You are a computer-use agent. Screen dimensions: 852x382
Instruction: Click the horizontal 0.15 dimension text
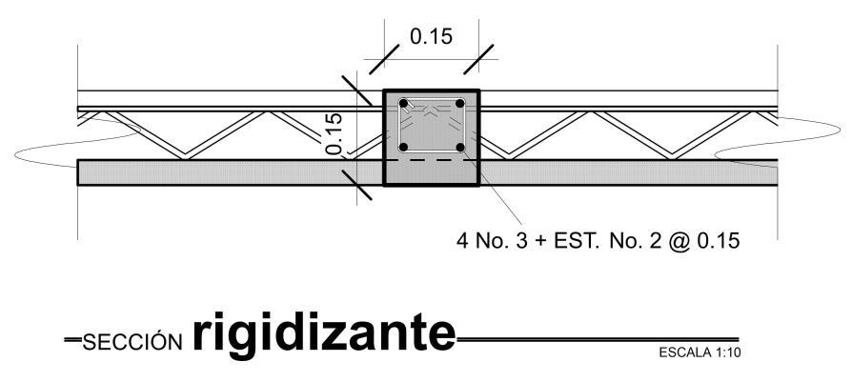click(x=431, y=37)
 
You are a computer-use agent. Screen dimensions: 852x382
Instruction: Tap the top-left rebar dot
click(x=404, y=103)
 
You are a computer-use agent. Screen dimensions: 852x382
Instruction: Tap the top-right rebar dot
click(x=459, y=103)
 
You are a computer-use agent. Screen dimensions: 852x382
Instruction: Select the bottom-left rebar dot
click(x=404, y=148)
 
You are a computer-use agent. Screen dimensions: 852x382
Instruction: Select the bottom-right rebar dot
click(x=459, y=148)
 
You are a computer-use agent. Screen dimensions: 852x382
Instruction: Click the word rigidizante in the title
click(x=323, y=332)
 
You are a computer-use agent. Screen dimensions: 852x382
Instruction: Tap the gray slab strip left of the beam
click(x=229, y=172)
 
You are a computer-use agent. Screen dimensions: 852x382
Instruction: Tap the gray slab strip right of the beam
click(x=629, y=172)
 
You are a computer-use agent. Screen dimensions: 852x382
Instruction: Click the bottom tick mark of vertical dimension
click(x=356, y=185)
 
